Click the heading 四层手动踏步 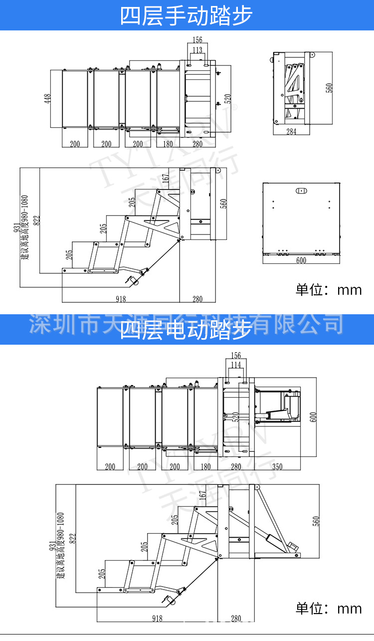pyautogui.click(x=187, y=15)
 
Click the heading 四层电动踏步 pyautogui.click(x=187, y=330)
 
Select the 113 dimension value pyautogui.click(x=197, y=50)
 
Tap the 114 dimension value pyautogui.click(x=236, y=365)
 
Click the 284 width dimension pyautogui.click(x=291, y=132)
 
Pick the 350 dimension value pyautogui.click(x=278, y=467)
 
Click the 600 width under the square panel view pyautogui.click(x=301, y=261)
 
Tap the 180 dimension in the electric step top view pyautogui.click(x=205, y=467)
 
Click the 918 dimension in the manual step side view pyautogui.click(x=120, y=299)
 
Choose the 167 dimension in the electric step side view pyautogui.click(x=202, y=495)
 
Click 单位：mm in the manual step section pyautogui.click(x=329, y=290)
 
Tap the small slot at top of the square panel pyautogui.click(x=301, y=191)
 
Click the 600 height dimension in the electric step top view pyautogui.click(x=314, y=417)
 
